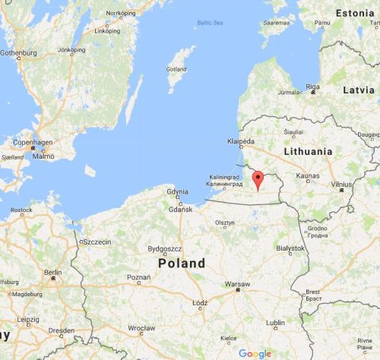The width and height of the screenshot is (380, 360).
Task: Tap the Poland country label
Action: (182, 264)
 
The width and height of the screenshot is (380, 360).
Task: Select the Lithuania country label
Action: (308, 152)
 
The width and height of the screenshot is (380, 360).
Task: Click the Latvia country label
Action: (359, 90)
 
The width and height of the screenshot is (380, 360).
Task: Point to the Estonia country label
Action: (356, 14)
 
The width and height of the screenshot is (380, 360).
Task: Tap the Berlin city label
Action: (52, 272)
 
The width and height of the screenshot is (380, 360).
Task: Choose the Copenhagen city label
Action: (30, 142)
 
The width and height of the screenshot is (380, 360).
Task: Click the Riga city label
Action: (312, 86)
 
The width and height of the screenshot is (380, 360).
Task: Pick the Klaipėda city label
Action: (240, 141)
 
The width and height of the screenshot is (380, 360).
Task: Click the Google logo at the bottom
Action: (255, 353)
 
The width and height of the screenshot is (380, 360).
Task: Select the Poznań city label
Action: (138, 278)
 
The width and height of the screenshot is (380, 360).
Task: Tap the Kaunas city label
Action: (308, 175)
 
